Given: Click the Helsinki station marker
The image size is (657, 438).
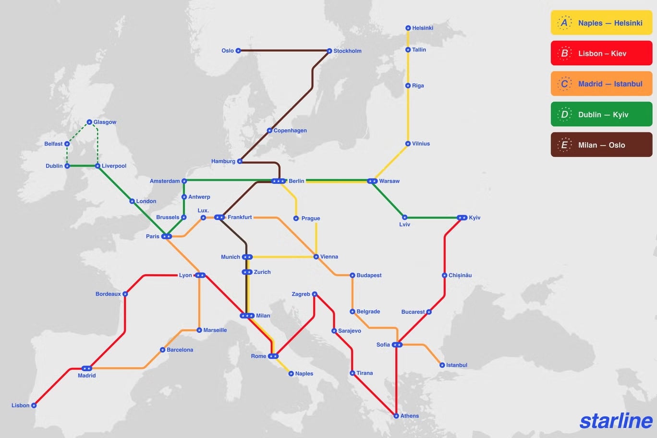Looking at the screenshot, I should point(408,28).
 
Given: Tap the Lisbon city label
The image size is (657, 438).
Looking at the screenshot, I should point(20,405).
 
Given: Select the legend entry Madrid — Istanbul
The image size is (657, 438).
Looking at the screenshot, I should point(601,84).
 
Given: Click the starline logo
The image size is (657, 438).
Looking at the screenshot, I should point(616,421).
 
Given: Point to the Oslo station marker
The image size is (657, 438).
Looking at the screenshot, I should point(238,50).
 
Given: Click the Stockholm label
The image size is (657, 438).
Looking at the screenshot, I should point(347,51).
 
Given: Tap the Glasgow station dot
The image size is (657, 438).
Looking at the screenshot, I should point(89,122).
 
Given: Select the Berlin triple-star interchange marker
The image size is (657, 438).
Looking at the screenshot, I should point(278,181).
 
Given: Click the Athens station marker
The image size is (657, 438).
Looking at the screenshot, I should point(396,416).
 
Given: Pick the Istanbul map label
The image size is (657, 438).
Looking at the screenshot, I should point(456,365).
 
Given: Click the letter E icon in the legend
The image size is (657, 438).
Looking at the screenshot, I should point(564,145).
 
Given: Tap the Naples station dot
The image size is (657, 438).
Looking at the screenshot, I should point(291,374).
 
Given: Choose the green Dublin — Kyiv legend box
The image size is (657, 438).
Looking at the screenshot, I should point(601,114).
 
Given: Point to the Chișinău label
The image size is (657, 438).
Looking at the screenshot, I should point(460,275).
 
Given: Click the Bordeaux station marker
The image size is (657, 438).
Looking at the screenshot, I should point(125,294).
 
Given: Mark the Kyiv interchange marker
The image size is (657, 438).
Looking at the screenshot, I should point(462,218).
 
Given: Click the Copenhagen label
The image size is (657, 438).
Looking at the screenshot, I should point(290,131).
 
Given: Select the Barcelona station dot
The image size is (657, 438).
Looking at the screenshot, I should point(162,350).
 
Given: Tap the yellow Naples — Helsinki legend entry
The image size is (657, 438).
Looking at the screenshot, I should point(601,23).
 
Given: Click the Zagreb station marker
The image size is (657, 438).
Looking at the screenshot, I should point(315,294).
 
